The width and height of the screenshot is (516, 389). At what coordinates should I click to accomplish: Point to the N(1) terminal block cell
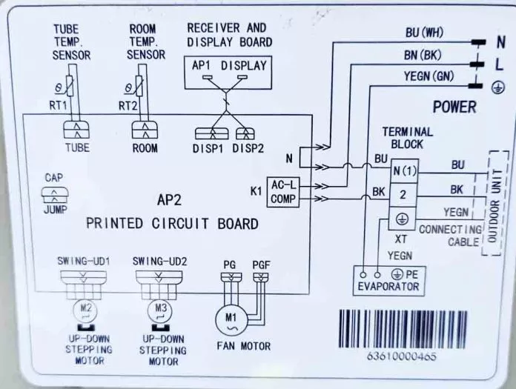click(x=404, y=171)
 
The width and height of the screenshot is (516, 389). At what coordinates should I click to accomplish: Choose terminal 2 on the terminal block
click(x=403, y=195)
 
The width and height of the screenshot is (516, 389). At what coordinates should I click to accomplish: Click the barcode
click(x=403, y=329)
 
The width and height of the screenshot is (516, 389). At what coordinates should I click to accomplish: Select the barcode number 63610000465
click(x=402, y=356)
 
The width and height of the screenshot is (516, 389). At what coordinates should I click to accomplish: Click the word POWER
click(x=454, y=107)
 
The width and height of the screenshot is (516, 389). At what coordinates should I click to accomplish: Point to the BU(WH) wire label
click(x=424, y=33)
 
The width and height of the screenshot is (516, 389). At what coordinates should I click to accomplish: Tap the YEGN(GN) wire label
click(x=429, y=76)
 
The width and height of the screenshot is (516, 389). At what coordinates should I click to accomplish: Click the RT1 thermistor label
click(x=58, y=105)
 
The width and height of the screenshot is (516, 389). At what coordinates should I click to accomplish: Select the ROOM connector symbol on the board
click(x=145, y=130)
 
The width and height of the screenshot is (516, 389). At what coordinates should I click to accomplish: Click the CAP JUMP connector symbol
click(x=55, y=195)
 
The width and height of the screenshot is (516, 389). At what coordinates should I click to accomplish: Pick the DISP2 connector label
click(x=248, y=149)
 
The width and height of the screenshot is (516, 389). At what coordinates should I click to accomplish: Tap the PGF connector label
click(x=261, y=265)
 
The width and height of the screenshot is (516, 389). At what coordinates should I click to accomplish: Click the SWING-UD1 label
click(x=84, y=261)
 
